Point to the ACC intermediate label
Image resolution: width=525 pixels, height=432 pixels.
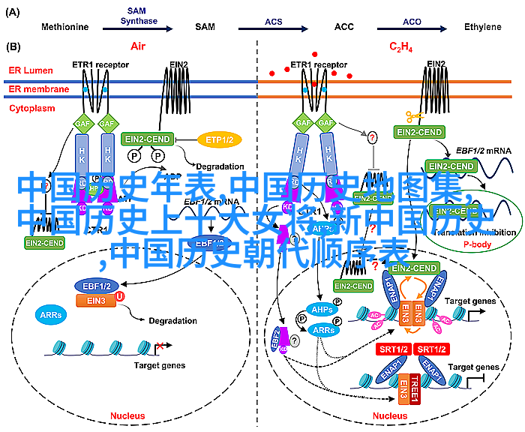(343, 27)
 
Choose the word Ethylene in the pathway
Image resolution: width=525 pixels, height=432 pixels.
(482, 27)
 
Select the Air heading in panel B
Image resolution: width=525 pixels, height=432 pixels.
(138, 46)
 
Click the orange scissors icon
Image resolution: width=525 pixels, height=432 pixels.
(413, 117)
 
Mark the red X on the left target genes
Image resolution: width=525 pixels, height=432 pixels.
(160, 347)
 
